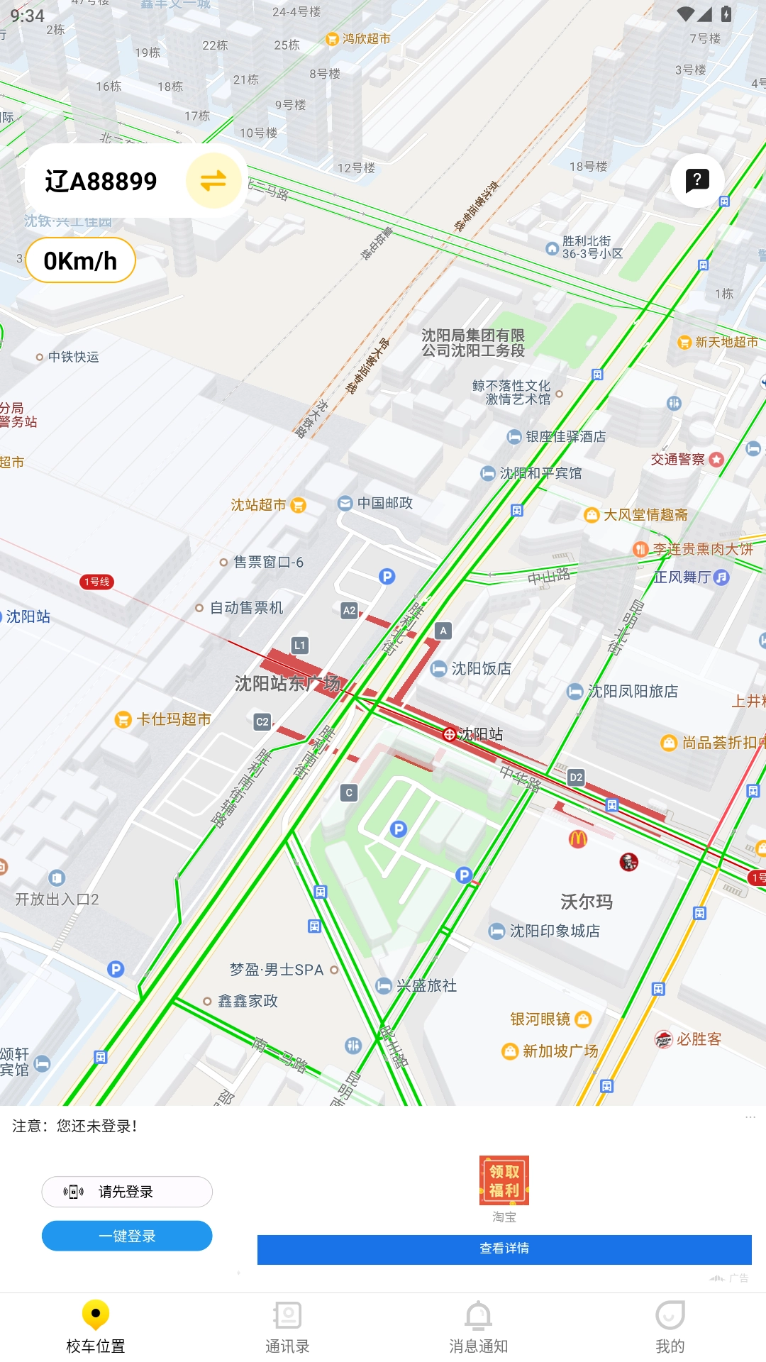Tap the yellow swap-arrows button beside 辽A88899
tap(213, 181)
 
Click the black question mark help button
tap(697, 180)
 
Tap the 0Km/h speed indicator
tap(80, 261)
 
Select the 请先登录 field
tap(127, 1192)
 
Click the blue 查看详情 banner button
tap(504, 1249)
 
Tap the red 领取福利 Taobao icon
tap(504, 1180)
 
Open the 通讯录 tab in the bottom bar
tap(287, 1327)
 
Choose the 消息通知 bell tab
tap(479, 1327)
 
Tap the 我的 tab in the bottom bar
tap(670, 1327)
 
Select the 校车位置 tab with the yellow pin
tap(96, 1327)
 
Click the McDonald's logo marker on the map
tap(578, 839)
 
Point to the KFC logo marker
tap(628, 862)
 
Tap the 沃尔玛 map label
tap(587, 902)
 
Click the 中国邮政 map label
tap(384, 503)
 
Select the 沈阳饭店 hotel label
tap(480, 668)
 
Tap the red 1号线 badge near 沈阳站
tap(97, 582)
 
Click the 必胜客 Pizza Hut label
tap(698, 1039)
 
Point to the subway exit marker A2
tap(349, 610)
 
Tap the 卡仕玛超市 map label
tap(173, 719)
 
